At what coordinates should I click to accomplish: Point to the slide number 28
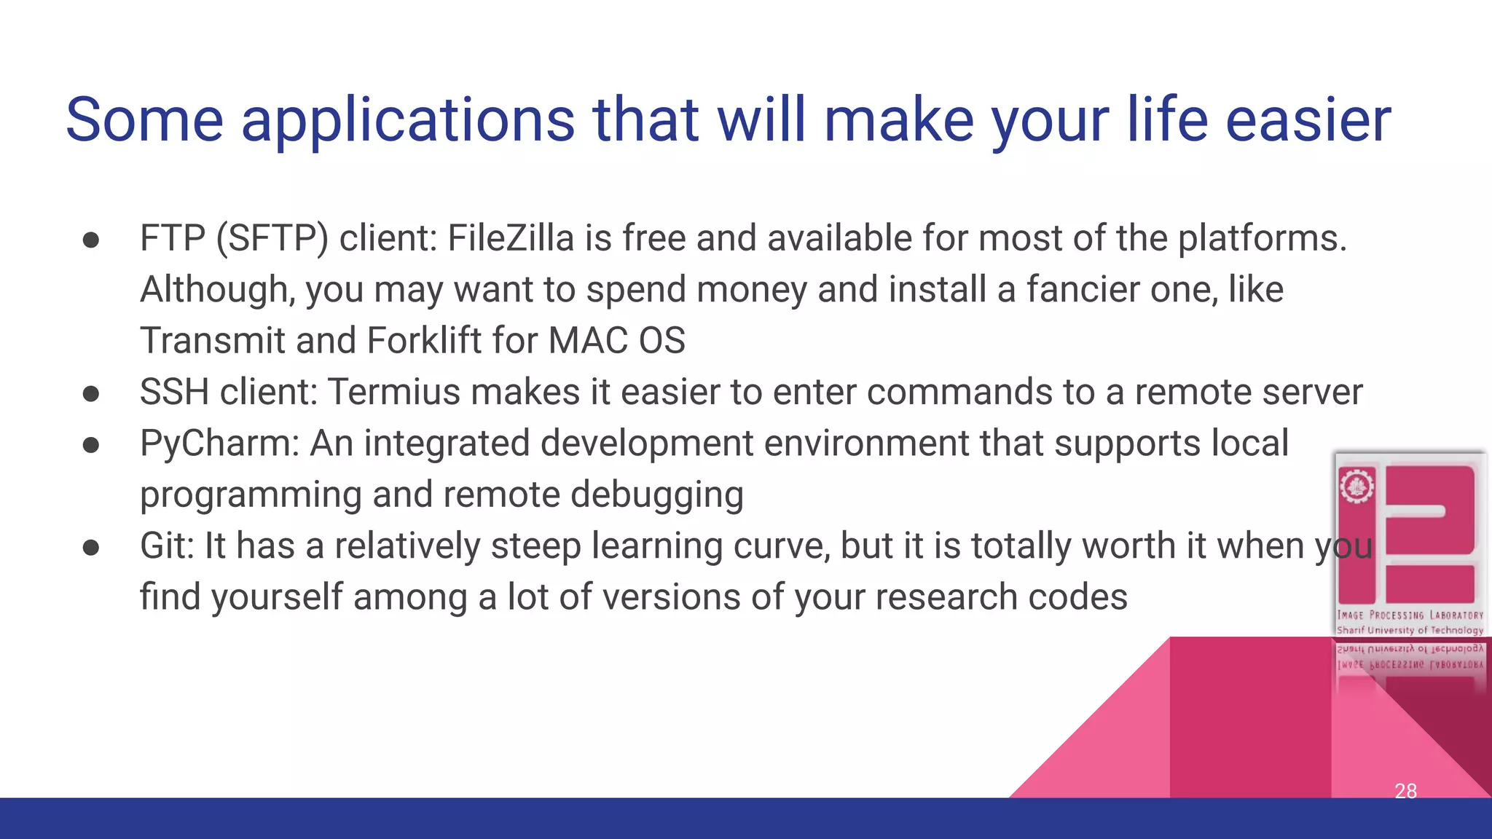pos(1405,791)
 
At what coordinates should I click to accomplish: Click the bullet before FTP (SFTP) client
pos(91,240)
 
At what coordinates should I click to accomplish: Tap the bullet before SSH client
pos(91,394)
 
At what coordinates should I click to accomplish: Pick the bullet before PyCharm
pos(91,445)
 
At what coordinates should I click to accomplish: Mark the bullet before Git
pos(91,548)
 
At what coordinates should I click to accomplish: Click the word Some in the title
pos(144,119)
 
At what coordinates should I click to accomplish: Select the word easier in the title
pos(1308,119)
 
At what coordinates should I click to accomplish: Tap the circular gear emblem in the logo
pos(1356,486)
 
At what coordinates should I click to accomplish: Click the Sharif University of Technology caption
pos(1410,630)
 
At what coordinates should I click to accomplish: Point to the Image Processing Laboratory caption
pos(1410,615)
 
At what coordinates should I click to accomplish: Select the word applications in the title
pos(408,121)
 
